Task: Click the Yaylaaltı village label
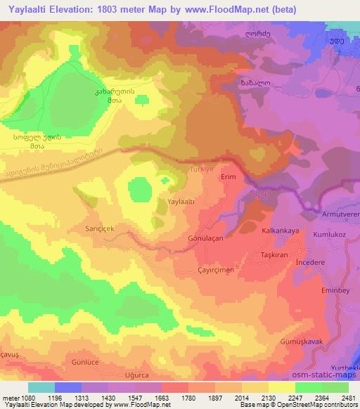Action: pos(181,201)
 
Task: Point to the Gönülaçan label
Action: pos(205,238)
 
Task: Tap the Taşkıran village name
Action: pos(274,254)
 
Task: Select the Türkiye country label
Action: pos(200,170)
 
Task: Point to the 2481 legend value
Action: pos(348,397)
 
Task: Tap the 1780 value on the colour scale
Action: pos(188,397)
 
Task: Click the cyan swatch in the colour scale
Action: pos(41,387)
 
